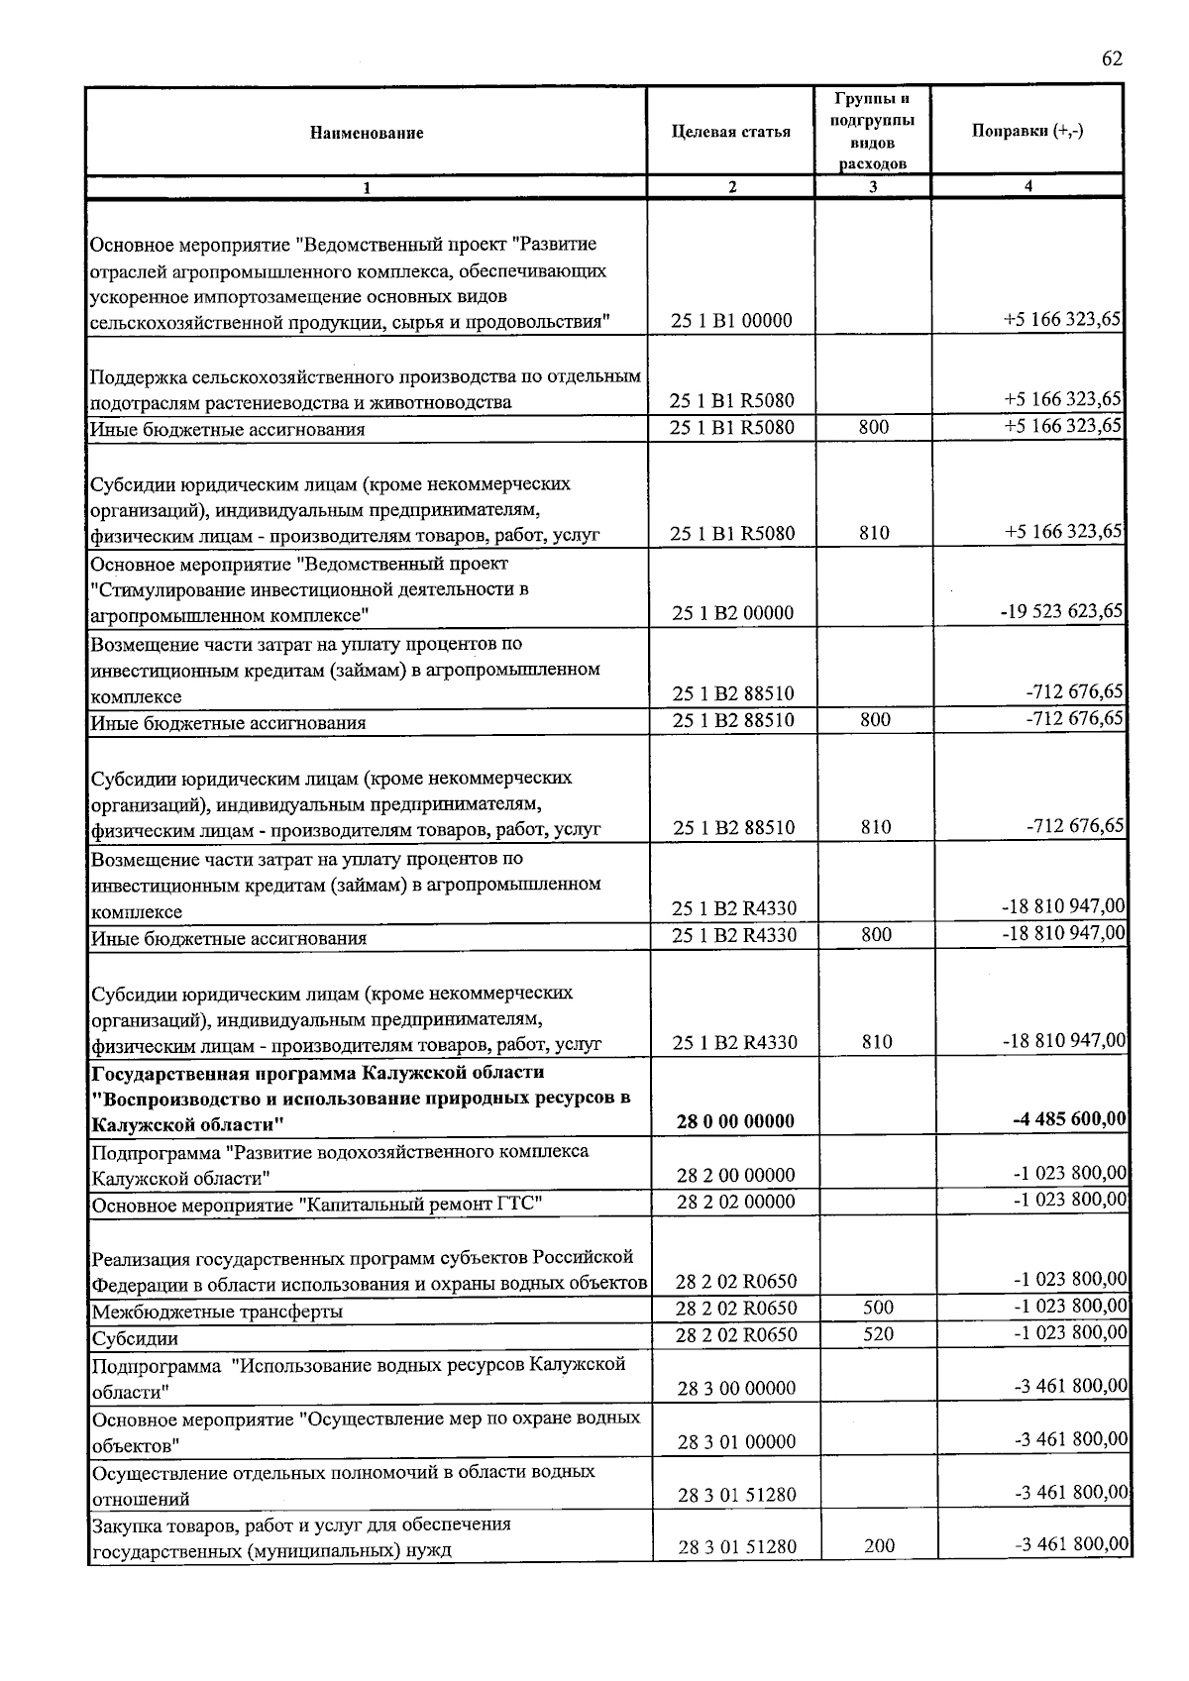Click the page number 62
(x=1112, y=58)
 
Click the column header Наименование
(x=366, y=133)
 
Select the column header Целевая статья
(x=731, y=132)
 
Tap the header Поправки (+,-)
(x=1027, y=132)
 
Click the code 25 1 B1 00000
(x=732, y=321)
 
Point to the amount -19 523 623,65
(x=1061, y=611)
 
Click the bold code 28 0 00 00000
(x=735, y=1121)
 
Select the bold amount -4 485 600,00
(x=1069, y=1120)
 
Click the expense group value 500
(x=878, y=1308)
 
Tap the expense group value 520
(x=878, y=1334)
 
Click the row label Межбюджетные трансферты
(x=217, y=1313)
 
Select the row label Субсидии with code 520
(x=135, y=1339)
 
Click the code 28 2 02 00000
(x=735, y=1202)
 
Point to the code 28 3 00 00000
(x=735, y=1389)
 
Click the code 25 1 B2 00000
(x=732, y=613)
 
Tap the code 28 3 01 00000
(x=735, y=1442)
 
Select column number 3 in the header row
(x=873, y=187)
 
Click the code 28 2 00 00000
(x=735, y=1176)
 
